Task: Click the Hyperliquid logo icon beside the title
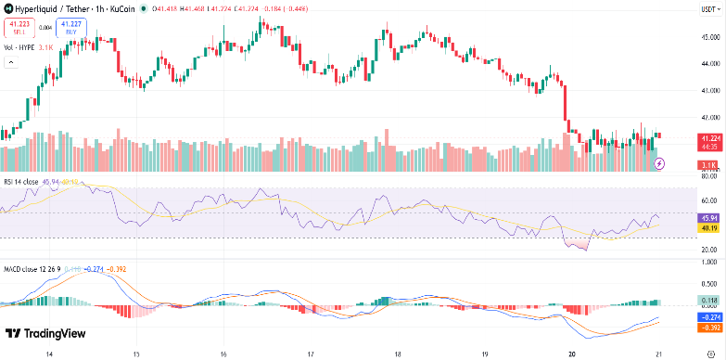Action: (x=7, y=8)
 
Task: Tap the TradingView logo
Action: (x=45, y=334)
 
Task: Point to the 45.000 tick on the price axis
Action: (x=709, y=37)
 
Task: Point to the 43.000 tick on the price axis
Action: (x=709, y=91)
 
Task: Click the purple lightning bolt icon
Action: (x=659, y=163)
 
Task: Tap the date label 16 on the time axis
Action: (x=224, y=354)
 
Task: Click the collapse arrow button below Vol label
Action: (x=12, y=62)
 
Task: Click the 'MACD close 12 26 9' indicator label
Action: (x=32, y=269)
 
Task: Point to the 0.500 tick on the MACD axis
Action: (x=709, y=284)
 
